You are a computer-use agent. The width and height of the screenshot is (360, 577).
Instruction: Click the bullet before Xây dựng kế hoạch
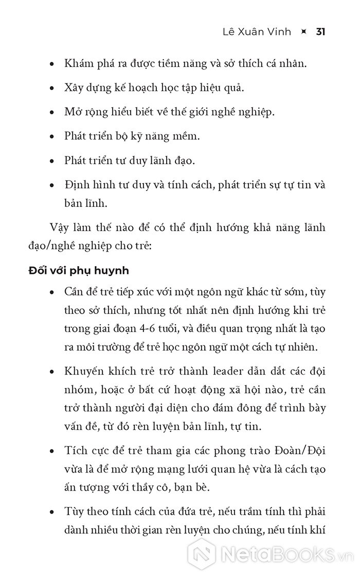[x=51, y=89]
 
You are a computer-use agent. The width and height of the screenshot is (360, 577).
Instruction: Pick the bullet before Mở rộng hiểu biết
[x=51, y=113]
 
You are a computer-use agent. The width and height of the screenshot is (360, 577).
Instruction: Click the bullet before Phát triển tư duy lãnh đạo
[x=51, y=161]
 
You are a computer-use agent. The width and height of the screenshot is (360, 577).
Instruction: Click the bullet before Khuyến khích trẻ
[x=51, y=372]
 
